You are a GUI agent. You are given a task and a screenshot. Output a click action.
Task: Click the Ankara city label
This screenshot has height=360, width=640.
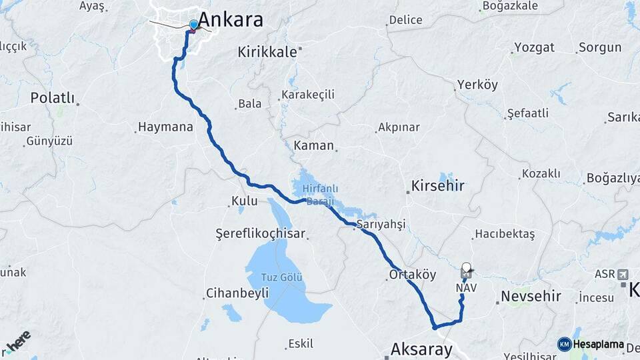pyautogui.click(x=231, y=19)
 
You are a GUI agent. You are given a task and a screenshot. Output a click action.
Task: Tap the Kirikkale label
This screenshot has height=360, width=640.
pyautogui.click(x=267, y=52)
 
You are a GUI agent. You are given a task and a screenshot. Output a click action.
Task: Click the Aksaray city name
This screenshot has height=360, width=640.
pyautogui.click(x=421, y=349)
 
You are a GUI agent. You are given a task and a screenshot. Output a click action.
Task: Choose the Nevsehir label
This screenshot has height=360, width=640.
pyautogui.click(x=531, y=295)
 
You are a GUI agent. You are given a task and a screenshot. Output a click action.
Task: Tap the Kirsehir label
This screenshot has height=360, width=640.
pyautogui.click(x=437, y=185)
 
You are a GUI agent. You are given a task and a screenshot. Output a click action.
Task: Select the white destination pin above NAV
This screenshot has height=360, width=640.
pyautogui.click(x=466, y=268)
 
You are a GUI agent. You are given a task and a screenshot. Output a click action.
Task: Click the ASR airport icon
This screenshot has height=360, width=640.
pyautogui.click(x=623, y=274)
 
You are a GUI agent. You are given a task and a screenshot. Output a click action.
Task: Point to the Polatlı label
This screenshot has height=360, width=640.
pyautogui.click(x=52, y=98)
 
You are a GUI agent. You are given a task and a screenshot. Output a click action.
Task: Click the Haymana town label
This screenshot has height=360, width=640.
pyautogui.click(x=165, y=127)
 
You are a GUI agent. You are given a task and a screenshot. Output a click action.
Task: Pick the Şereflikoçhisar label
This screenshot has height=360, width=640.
pyautogui.click(x=260, y=233)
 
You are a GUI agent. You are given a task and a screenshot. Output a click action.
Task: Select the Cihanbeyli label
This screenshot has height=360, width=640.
pyautogui.click(x=237, y=293)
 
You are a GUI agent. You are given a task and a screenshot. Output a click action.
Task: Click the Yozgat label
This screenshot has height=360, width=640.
pyautogui.click(x=533, y=48)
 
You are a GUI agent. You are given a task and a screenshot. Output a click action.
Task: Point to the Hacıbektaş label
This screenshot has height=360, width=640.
pyautogui.click(x=503, y=234)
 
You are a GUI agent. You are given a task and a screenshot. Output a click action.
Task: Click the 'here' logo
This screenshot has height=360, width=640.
pyautogui.click(x=17, y=341)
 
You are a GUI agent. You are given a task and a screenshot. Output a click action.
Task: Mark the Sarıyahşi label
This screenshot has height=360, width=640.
pyautogui.click(x=381, y=224)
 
